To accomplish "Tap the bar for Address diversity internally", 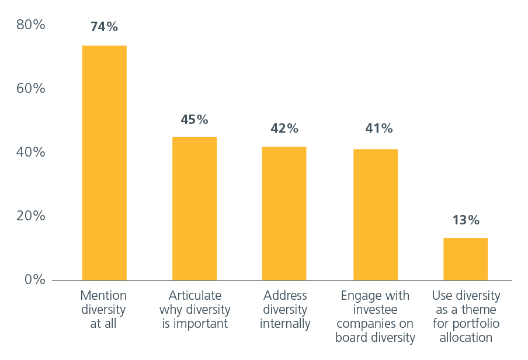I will point(284,213).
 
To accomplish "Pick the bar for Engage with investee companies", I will point(375,214).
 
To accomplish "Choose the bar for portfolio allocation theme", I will point(466,259).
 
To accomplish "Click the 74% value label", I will point(105,27).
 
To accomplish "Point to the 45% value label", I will point(194,120).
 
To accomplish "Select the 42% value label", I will point(284,129).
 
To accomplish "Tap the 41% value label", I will point(375,129).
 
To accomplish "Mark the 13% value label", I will point(466,220).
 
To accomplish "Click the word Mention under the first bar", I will point(105,295).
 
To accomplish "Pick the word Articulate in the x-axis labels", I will point(194,295).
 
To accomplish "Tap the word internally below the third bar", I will point(284,323).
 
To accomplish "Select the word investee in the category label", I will point(375,309).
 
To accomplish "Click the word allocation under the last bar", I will point(466,337).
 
